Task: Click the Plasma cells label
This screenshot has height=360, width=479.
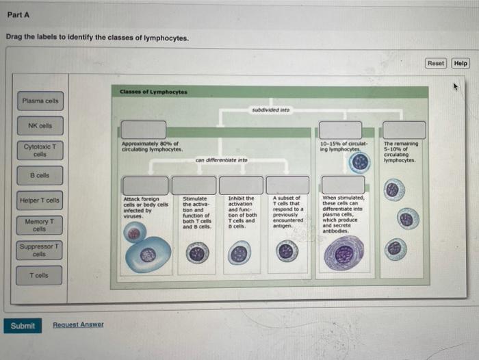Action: (x=40, y=101)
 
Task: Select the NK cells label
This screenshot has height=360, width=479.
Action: (x=40, y=126)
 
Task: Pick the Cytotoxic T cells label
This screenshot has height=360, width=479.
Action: (x=40, y=150)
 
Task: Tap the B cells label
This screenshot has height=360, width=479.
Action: (x=40, y=175)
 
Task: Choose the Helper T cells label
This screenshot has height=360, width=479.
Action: (x=40, y=201)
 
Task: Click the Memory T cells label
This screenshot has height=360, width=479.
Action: (x=40, y=225)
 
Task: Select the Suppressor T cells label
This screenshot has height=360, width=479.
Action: (x=40, y=250)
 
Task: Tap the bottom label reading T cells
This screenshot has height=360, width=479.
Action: (x=40, y=275)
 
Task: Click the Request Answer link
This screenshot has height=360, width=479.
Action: (x=78, y=324)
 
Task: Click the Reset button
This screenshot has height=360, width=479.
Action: (x=436, y=63)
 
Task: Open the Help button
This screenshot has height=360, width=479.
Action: (x=461, y=63)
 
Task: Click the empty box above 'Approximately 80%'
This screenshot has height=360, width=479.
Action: (x=143, y=129)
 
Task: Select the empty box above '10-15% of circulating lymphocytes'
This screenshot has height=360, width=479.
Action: (x=341, y=129)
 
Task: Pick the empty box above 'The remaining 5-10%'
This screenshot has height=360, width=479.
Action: (x=404, y=129)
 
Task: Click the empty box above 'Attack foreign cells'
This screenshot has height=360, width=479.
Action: (x=145, y=185)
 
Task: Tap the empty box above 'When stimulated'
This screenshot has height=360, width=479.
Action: (x=343, y=185)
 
